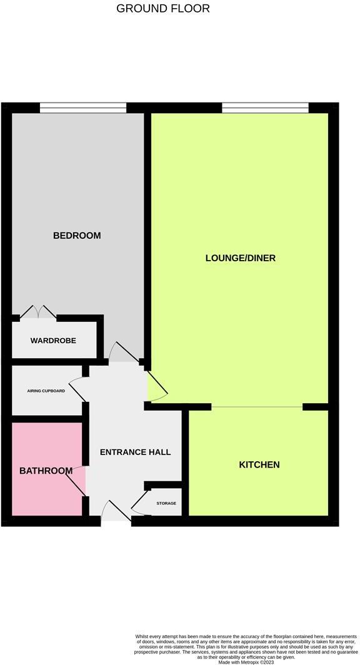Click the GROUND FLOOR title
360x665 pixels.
163,9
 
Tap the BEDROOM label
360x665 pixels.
77,236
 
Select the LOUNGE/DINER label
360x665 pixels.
241,258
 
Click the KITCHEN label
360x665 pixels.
259,465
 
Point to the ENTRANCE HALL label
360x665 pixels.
135,452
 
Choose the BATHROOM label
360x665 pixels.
46,471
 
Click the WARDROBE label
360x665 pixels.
53,341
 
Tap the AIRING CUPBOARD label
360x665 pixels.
46,391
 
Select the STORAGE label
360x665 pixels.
166,503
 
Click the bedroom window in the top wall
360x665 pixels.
83,107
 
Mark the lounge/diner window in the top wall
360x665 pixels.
265,107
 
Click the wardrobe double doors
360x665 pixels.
38,312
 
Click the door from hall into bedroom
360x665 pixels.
125,352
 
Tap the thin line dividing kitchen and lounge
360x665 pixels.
257,407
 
